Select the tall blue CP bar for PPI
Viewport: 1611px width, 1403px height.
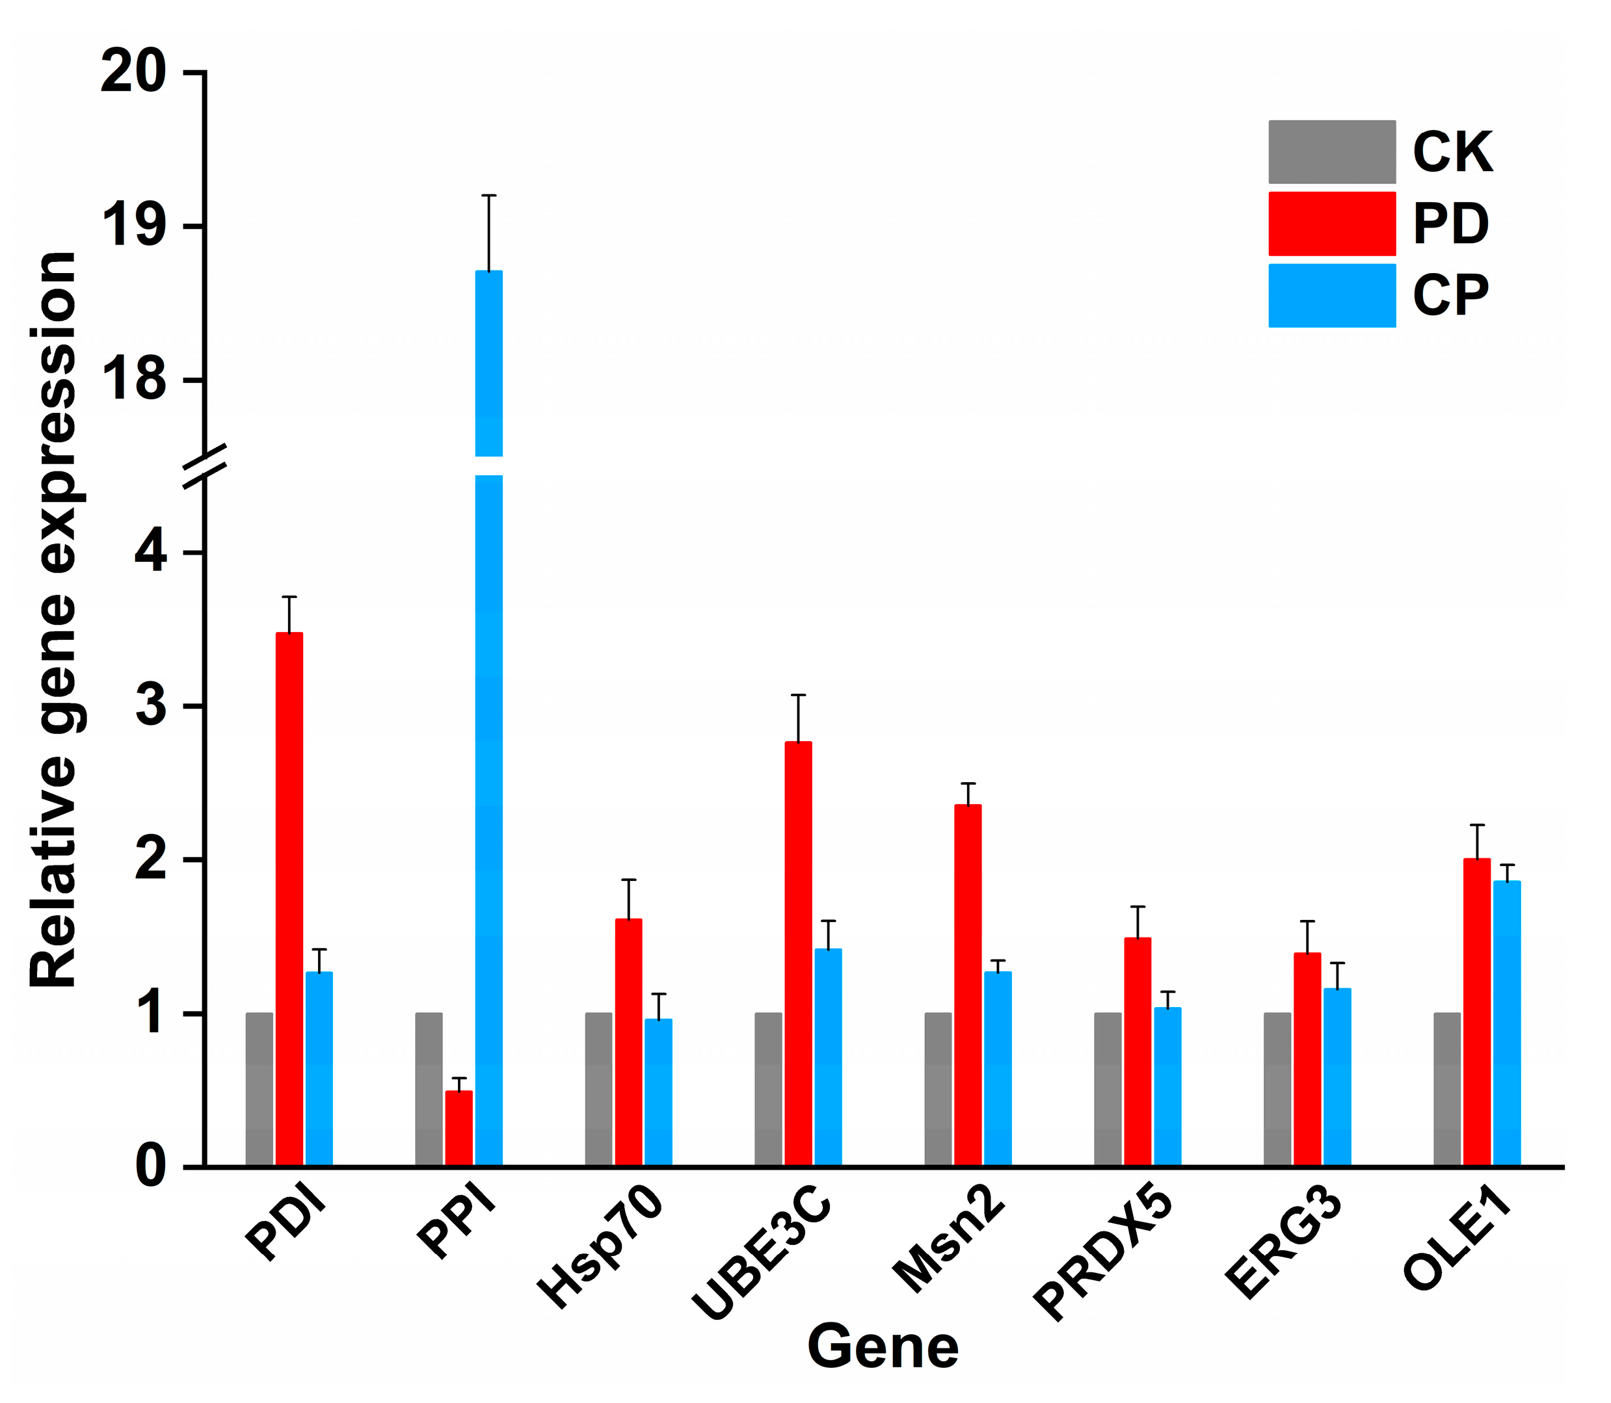[x=488, y=783]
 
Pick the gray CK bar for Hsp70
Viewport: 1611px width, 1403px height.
[x=598, y=1089]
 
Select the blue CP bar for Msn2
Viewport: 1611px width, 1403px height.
[x=998, y=1069]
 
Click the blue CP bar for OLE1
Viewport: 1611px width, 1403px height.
[x=1507, y=1023]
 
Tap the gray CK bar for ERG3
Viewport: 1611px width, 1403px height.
[x=1277, y=1089]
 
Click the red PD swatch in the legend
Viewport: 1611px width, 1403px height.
[x=1331, y=224]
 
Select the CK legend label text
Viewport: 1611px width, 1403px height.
[x=1452, y=152]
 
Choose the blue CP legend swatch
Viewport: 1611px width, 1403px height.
[x=1331, y=295]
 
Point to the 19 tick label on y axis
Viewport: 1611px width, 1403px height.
[x=133, y=227]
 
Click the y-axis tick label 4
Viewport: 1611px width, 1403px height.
[x=150, y=553]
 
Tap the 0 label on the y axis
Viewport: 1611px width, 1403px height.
[x=150, y=1166]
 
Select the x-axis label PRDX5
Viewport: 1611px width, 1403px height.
[x=1104, y=1253]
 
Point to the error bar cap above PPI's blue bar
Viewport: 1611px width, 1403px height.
[x=488, y=196]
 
